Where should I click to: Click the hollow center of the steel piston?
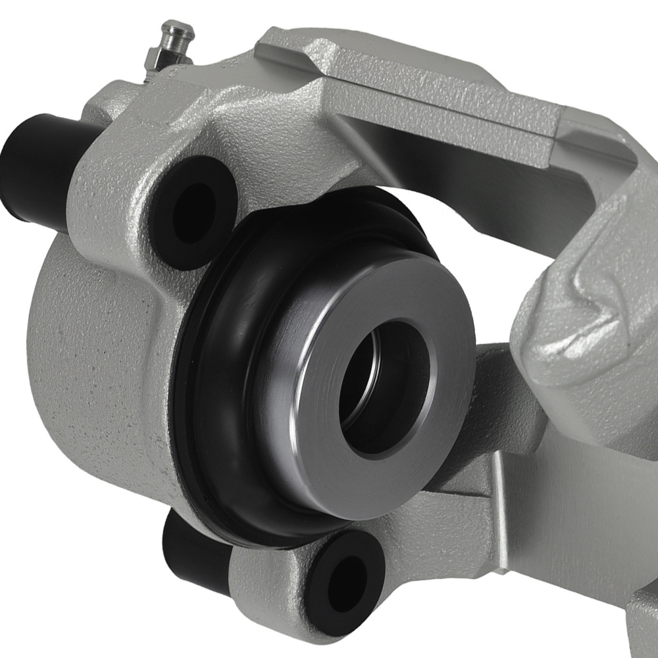point(384,388)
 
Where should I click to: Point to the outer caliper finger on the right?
point(592,316)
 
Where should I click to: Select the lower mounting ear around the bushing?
point(276,579)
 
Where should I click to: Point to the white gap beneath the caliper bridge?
point(461,217)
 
